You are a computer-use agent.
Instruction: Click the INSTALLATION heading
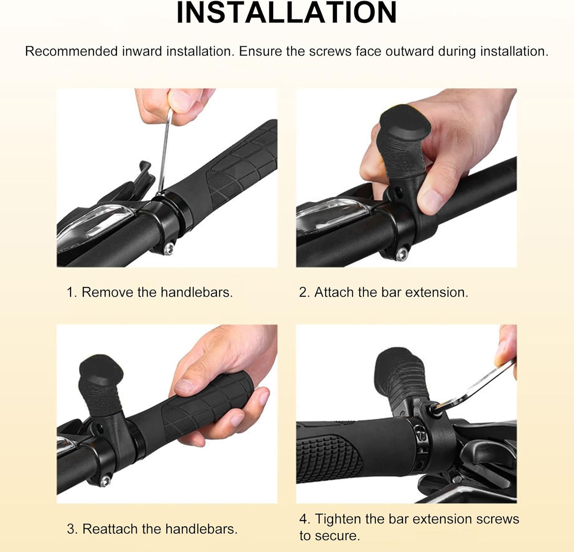click(287, 13)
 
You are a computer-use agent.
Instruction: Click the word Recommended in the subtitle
click(71, 51)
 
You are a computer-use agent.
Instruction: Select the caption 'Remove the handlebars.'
click(157, 292)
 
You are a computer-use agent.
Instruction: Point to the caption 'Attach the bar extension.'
click(391, 292)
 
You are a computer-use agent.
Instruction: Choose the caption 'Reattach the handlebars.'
click(160, 529)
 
